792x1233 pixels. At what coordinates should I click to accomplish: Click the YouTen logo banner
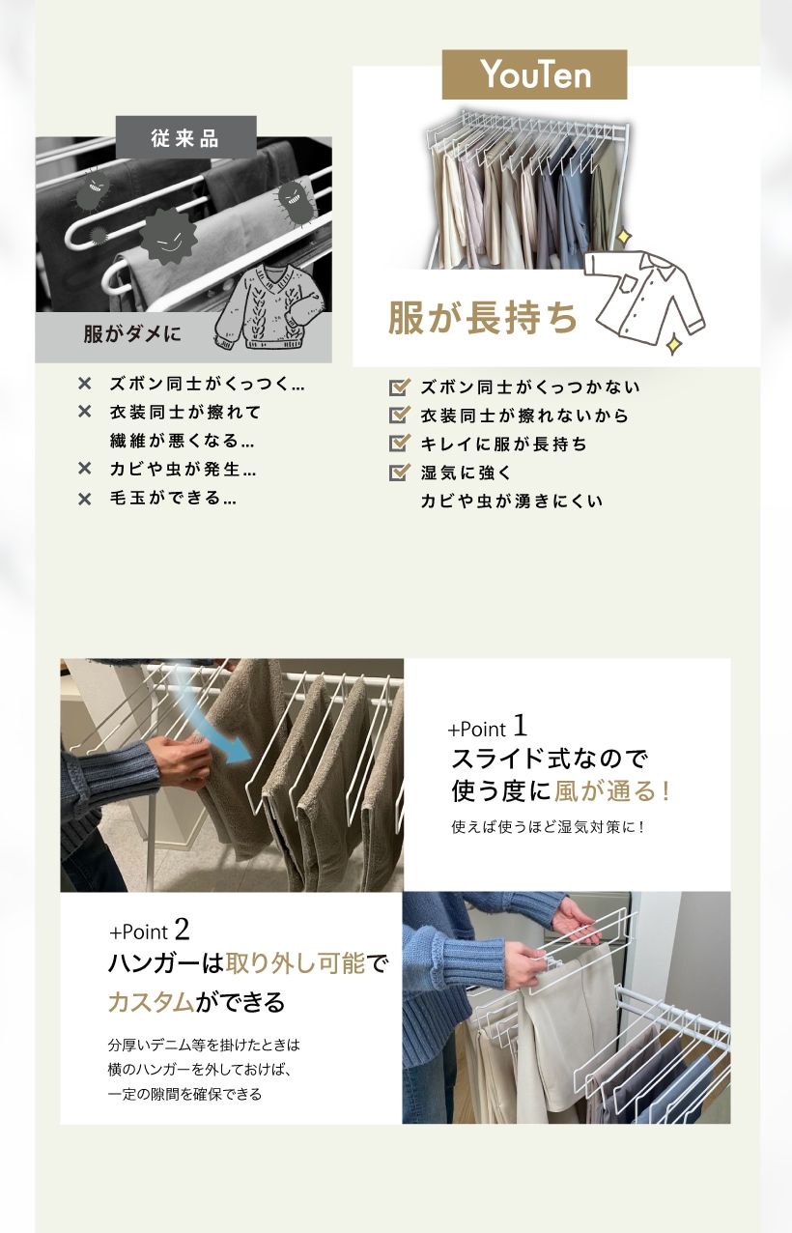[x=534, y=74]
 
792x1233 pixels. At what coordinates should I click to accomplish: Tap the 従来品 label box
[x=186, y=137]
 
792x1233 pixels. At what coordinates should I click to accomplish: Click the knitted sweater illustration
[x=269, y=307]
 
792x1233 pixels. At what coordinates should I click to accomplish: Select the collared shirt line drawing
[x=644, y=298]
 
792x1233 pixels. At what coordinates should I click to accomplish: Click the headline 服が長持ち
[x=483, y=318]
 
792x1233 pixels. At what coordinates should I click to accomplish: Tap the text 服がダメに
[x=132, y=333]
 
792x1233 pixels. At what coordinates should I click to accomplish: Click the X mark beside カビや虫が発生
[x=85, y=469]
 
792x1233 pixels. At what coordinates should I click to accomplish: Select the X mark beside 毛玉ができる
[x=85, y=499]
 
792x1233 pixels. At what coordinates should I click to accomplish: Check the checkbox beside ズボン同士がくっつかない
[x=400, y=387]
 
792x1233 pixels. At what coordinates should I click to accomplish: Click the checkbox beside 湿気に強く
[x=400, y=473]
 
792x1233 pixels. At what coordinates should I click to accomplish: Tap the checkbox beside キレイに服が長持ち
[x=400, y=444]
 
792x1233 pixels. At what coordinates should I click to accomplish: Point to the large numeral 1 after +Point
[x=520, y=725]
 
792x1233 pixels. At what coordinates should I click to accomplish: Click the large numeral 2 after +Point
[x=183, y=930]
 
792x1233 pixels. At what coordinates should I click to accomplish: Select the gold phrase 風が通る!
[x=612, y=791]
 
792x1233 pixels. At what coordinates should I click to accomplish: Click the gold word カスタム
[x=152, y=1002]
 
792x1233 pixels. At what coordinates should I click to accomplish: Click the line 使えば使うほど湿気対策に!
[x=548, y=827]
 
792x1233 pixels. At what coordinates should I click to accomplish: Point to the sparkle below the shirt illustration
[x=673, y=345]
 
